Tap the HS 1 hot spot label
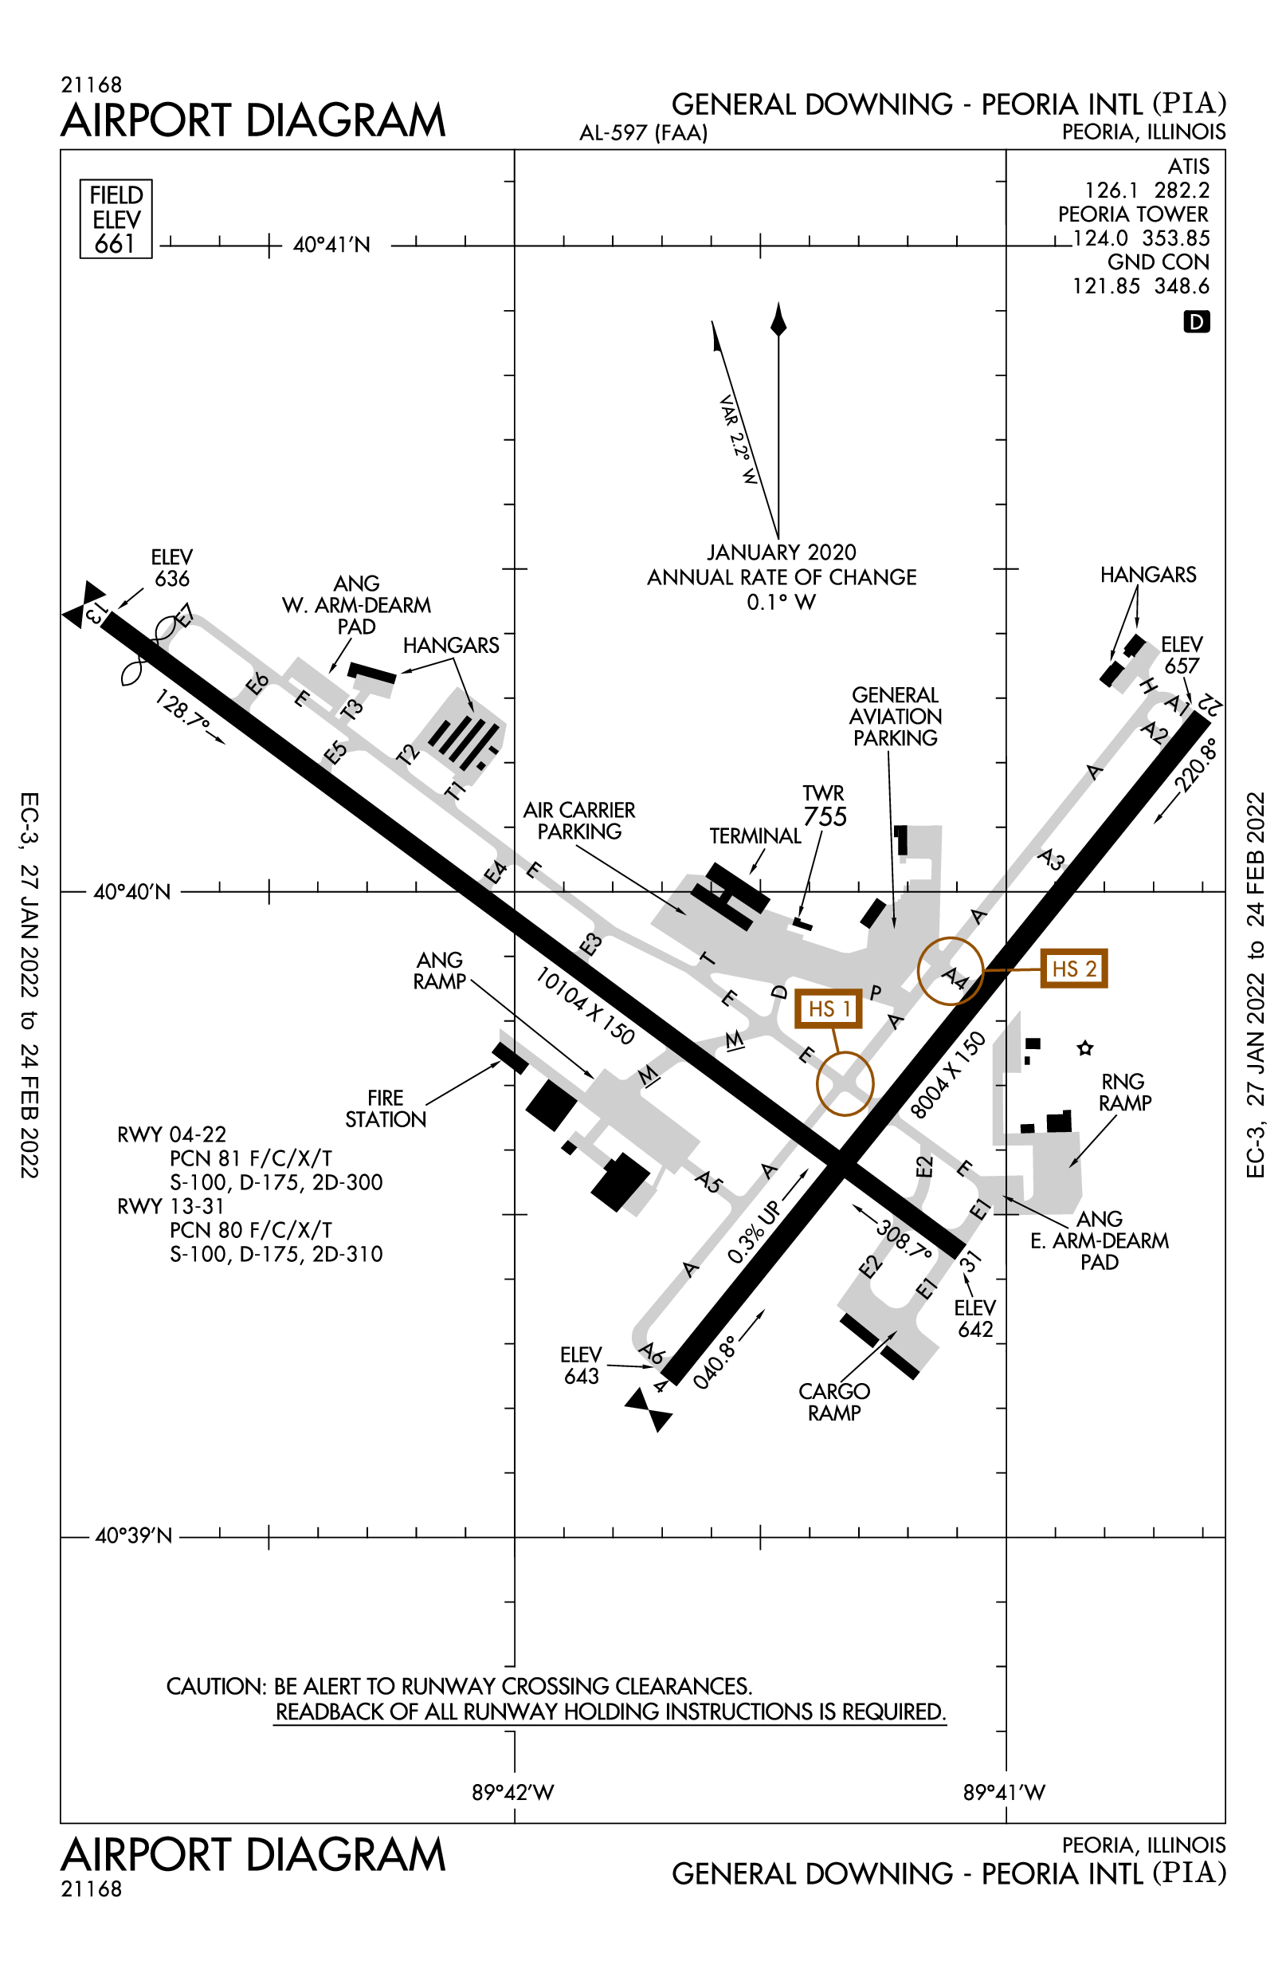[x=828, y=1009]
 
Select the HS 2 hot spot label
[x=1073, y=969]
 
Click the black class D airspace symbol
[x=1197, y=321]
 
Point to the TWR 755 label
[x=824, y=806]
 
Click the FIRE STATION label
[x=386, y=1108]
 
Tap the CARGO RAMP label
[x=833, y=1401]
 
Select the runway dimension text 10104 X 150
[x=585, y=1005]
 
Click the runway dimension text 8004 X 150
[x=949, y=1075]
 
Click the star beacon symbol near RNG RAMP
[x=1084, y=1048]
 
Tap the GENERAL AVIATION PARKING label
[x=896, y=716]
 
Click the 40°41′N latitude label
[x=331, y=246]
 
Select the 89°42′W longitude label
[x=513, y=1792]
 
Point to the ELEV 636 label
[x=171, y=568]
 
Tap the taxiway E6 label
[x=257, y=683]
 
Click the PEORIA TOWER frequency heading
[x=1133, y=214]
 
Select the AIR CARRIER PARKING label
[x=579, y=821]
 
